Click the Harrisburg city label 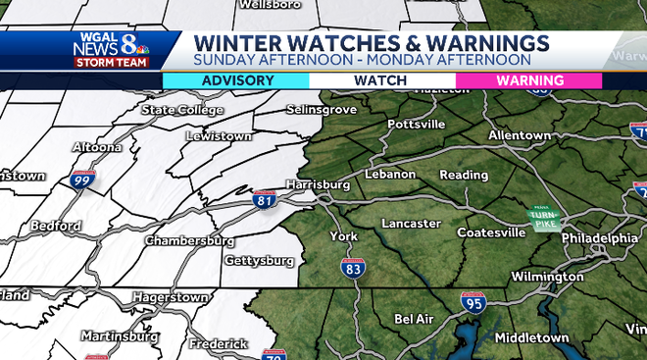click(318, 183)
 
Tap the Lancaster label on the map click(411, 224)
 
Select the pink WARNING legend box click(529, 80)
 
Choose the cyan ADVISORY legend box click(235, 80)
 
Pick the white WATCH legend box click(382, 80)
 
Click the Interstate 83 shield click(354, 267)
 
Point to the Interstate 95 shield click(473, 303)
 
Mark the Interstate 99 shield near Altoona click(83, 180)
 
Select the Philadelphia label click(600, 238)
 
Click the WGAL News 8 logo click(110, 50)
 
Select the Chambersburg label click(189, 240)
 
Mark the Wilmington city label click(546, 277)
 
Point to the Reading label click(464, 175)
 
